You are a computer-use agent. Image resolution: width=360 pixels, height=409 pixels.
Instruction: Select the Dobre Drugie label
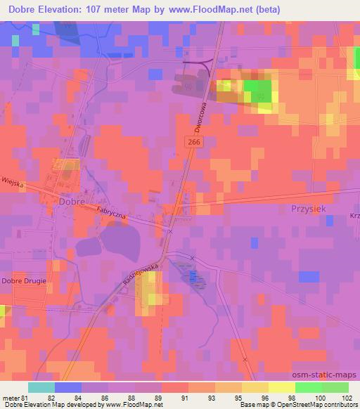click(x=24, y=281)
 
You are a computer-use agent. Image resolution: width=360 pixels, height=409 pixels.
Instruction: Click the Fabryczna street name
click(x=112, y=213)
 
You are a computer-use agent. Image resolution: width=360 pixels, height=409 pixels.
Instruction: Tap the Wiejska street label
click(x=13, y=183)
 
